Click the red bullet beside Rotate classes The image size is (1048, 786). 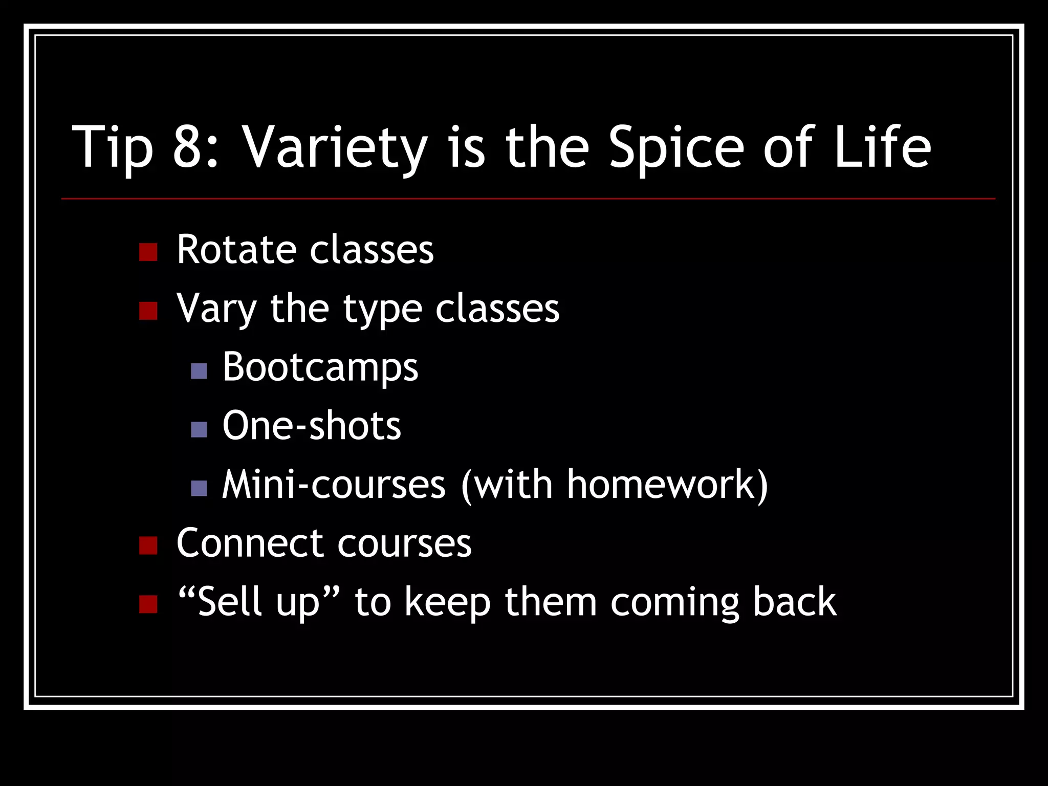pos(148,252)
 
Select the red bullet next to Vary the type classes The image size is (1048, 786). pos(148,311)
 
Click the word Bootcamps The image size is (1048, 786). pos(320,367)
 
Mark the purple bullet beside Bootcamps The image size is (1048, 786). pos(199,371)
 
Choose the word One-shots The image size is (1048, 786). pos(312,426)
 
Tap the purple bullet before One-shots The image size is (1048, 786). pos(199,429)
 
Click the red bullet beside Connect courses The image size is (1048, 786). pos(148,545)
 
